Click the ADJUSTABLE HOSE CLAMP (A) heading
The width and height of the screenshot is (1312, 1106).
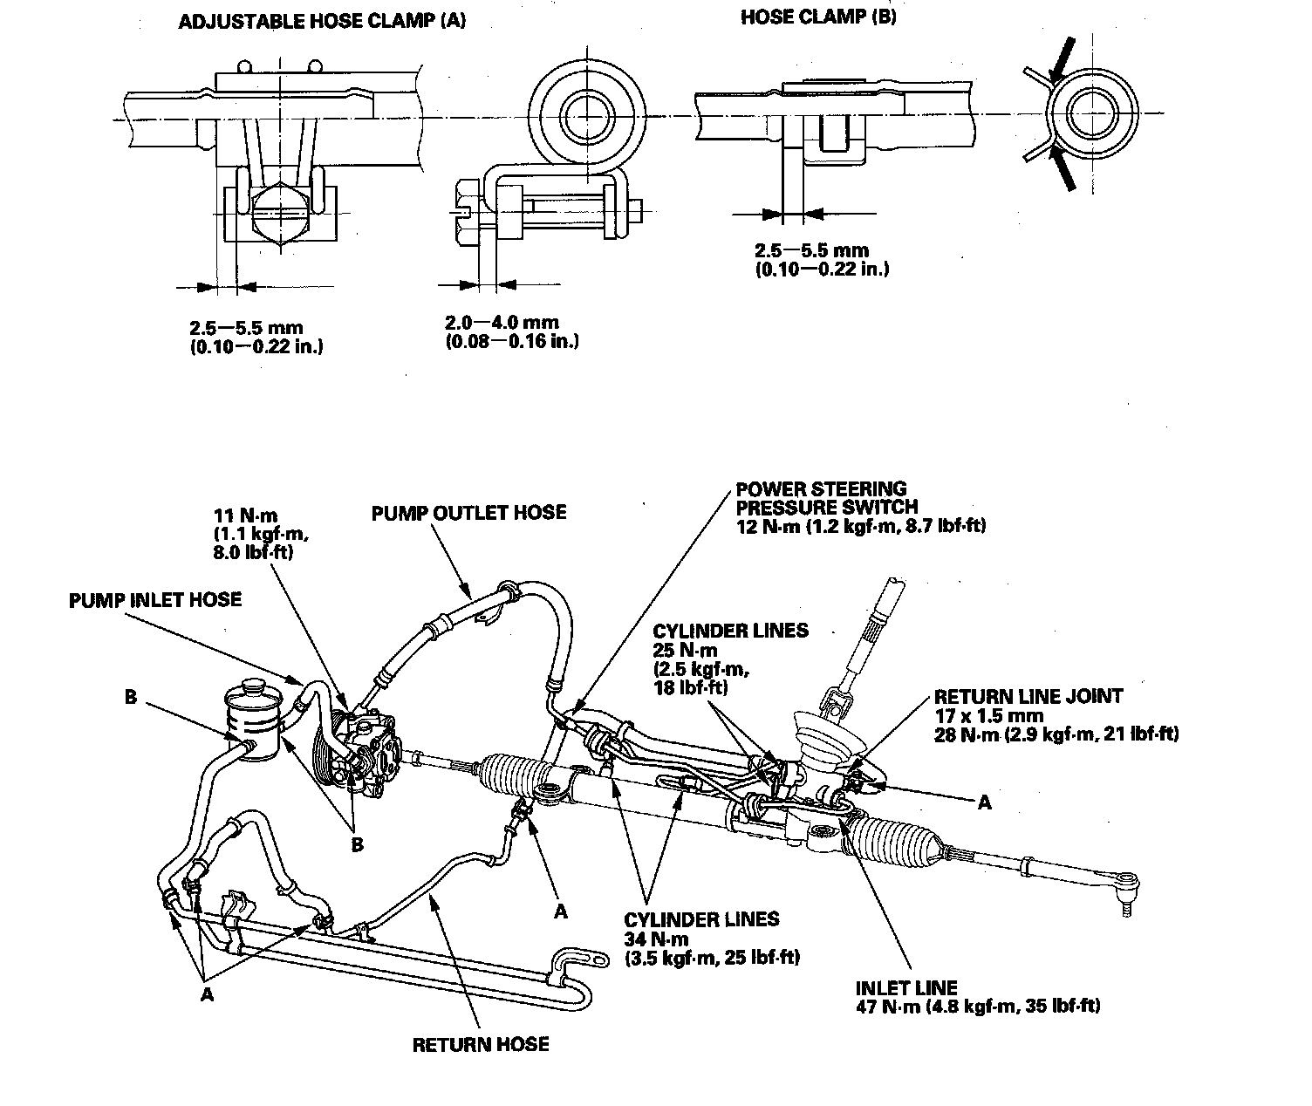coord(321,22)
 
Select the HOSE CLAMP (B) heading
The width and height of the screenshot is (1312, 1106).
coord(818,17)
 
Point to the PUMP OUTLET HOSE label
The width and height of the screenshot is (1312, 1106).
coord(468,512)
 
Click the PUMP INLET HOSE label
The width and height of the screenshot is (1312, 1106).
coord(155,600)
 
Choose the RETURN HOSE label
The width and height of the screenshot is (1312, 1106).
coord(481,1044)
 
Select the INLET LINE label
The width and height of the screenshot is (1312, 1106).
coord(906,988)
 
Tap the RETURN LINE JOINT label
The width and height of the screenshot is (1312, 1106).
coord(1028,697)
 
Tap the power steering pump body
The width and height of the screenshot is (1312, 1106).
coord(366,750)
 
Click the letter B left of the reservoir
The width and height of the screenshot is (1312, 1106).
coord(131,698)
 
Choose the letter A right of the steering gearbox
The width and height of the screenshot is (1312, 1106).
coord(984,802)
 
